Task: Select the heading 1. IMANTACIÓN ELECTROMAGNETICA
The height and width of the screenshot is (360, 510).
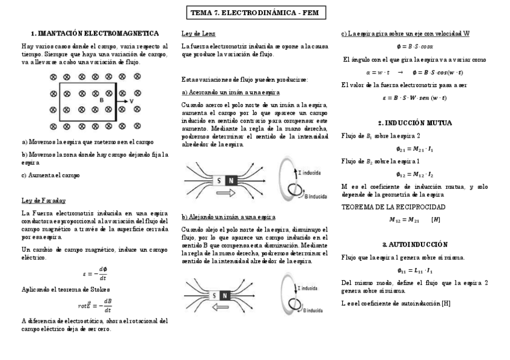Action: click(x=95, y=33)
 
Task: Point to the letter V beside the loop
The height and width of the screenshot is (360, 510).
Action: click(x=132, y=101)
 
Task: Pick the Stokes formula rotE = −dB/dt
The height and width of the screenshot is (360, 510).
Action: click(x=95, y=305)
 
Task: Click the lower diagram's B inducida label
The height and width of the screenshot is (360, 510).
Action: click(x=315, y=310)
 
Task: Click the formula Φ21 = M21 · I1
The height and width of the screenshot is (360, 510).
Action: click(x=415, y=148)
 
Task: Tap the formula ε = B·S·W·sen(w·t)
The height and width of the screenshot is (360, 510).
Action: click(x=415, y=97)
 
